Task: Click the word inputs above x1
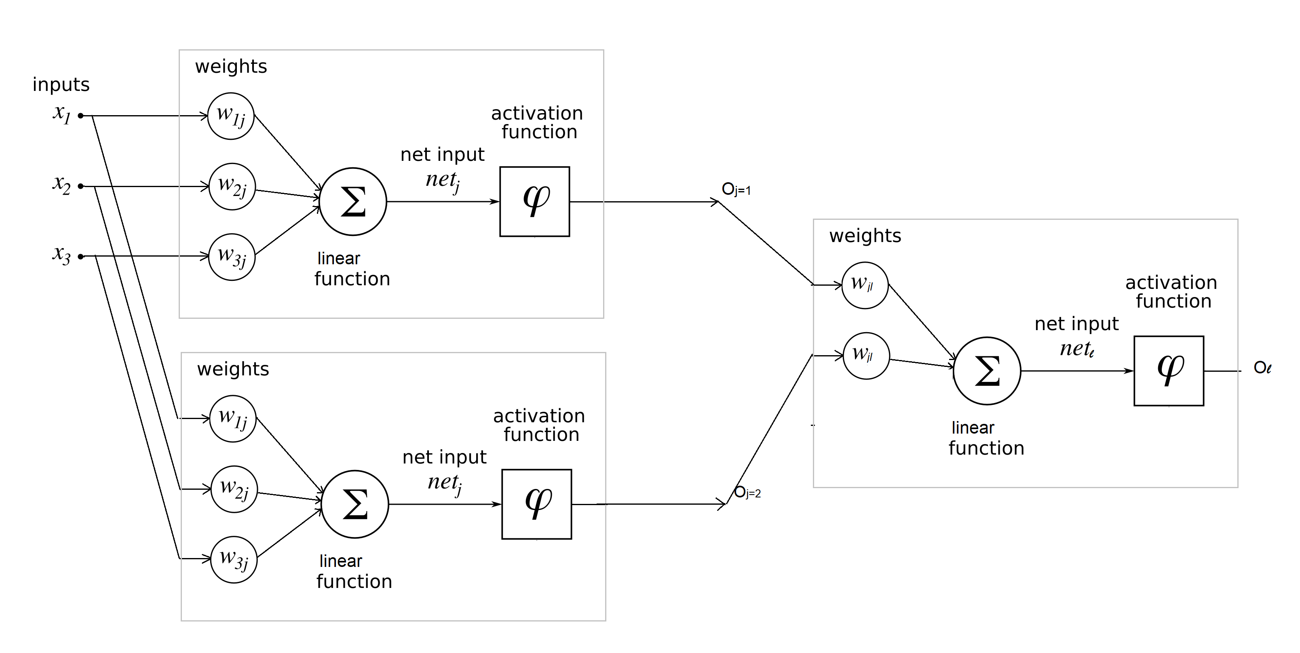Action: pos(61,85)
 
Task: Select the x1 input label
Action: pos(61,114)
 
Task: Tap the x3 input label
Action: pos(61,254)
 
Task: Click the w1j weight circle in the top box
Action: pos(231,116)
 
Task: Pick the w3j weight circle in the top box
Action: pos(232,257)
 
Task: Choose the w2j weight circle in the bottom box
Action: pos(234,489)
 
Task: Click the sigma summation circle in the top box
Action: pos(353,201)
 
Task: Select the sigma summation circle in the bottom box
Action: pos(355,504)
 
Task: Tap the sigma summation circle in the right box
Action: pos(987,371)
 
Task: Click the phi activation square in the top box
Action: pos(534,201)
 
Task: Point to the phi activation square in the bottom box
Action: pos(536,504)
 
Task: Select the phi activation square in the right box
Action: pos(1168,371)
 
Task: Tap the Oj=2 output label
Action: pos(747,492)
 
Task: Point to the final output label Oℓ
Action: pos(1262,367)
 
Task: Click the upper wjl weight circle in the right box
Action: pos(865,285)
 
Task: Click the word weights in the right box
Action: pos(865,236)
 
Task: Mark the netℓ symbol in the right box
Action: pos(1076,349)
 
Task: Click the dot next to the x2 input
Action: pos(81,186)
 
